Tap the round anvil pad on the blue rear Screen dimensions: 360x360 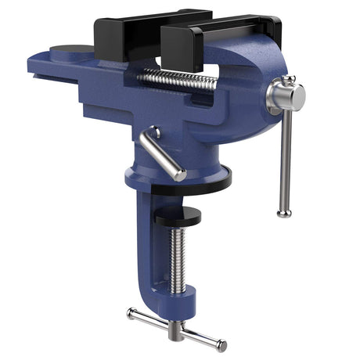[x=72, y=52]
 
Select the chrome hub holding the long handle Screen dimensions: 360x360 [x=283, y=97]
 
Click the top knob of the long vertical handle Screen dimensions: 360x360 [x=289, y=81]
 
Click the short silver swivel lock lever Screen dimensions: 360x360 [x=161, y=153]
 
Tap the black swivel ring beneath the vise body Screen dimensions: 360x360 [x=192, y=185]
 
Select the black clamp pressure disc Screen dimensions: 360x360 [x=177, y=216]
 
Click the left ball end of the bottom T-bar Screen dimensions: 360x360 [x=131, y=314]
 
